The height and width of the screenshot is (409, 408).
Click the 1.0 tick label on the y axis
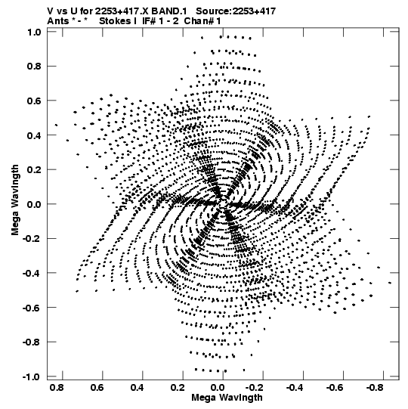pos(34,32)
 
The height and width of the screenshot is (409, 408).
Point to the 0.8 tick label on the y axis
pos(34,67)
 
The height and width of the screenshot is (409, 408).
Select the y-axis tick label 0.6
pos(34,101)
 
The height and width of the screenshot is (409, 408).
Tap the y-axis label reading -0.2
pos(32,239)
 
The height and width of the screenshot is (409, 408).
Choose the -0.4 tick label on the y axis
pos(32,273)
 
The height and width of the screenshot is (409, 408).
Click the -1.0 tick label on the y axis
pos(32,376)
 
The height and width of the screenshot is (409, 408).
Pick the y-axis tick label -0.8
pos(32,342)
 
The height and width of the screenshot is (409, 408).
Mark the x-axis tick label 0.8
pos(57,388)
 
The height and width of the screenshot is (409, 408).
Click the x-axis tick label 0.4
pos(137,388)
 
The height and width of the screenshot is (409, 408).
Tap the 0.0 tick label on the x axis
pos(217,388)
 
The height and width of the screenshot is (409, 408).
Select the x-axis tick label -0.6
pos(335,388)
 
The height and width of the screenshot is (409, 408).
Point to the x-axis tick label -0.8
pos(375,388)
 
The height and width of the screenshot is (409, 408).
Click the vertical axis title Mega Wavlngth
pos(15,200)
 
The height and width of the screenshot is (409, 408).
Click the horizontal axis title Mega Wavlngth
pos(227,398)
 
